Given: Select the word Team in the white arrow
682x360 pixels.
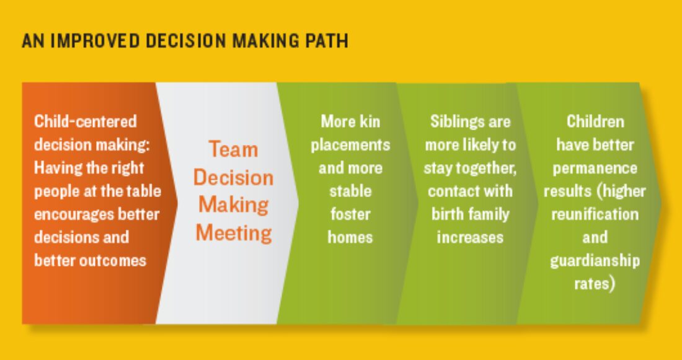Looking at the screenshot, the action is [234, 149].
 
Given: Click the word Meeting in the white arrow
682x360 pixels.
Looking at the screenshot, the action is [234, 233].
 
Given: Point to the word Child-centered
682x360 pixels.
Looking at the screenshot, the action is [86, 121].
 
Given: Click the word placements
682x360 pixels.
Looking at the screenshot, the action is [350, 145].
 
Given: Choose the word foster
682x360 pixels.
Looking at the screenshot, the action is [350, 214].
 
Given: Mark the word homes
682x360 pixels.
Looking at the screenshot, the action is [350, 237].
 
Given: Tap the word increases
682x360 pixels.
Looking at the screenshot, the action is [470, 237].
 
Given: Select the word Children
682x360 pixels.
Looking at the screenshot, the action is [595, 121].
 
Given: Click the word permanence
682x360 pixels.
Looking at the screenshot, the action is [595, 169].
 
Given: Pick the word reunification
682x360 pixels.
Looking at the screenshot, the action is [595, 214].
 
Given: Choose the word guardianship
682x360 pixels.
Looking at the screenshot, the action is [595, 261].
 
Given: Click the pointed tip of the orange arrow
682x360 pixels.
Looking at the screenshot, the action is [178, 203].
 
